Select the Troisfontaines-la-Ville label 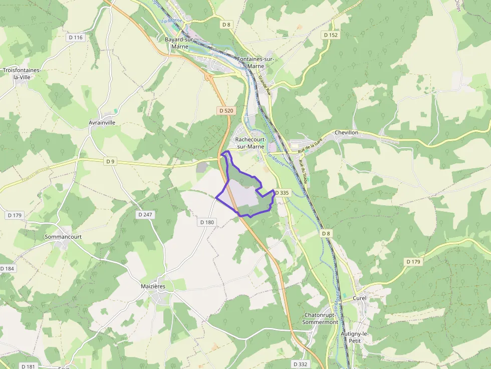pos(21,74)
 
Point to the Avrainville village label pos(102,122)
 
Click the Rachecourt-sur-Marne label pos(253,143)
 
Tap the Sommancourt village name pos(63,236)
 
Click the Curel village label pos(360,298)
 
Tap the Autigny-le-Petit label pos(355,337)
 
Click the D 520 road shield pos(226,110)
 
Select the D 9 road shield pos(111,161)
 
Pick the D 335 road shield pos(282,193)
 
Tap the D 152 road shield pos(331,35)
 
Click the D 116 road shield pos(76,38)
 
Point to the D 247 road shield pos(145,214)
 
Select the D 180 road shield pos(207,222)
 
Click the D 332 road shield pos(300,363)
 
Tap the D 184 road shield pos(7,269)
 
